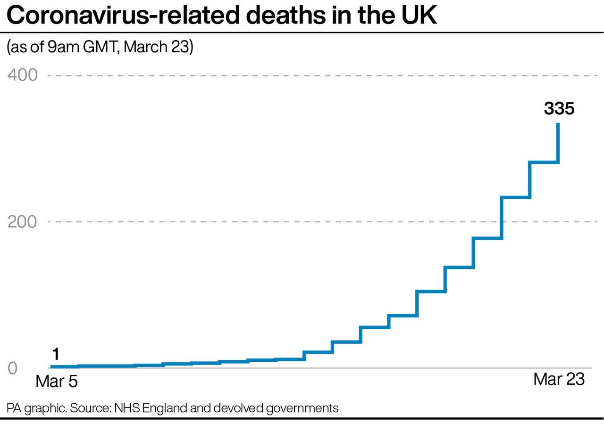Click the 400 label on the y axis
click(x=22, y=75)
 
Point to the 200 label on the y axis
click(x=22, y=222)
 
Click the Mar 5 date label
click(x=56, y=381)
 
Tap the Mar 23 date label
click(x=559, y=379)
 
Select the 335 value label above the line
click(x=559, y=109)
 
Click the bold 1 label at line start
click(x=55, y=354)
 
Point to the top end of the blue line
click(x=559, y=124)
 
